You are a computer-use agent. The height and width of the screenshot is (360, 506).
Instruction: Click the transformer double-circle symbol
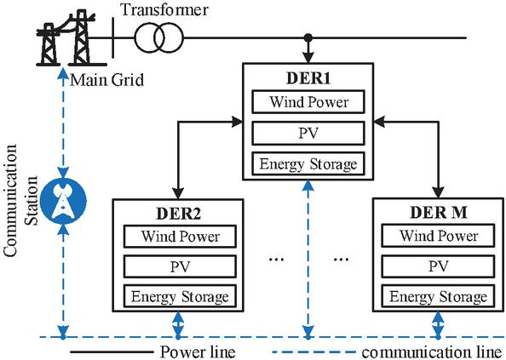click(158, 37)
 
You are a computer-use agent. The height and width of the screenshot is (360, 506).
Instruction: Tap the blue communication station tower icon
click(64, 201)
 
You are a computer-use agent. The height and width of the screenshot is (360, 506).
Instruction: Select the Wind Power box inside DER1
click(308, 102)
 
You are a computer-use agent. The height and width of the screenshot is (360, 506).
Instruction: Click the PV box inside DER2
click(180, 266)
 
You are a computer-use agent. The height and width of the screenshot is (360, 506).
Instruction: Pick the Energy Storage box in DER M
click(438, 296)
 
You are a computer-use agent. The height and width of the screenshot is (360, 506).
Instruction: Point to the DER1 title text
click(308, 78)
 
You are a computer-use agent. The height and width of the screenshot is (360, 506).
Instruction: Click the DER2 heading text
click(178, 214)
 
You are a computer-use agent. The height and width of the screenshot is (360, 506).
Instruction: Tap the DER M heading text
click(438, 213)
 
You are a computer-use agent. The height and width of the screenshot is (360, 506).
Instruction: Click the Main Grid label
click(106, 80)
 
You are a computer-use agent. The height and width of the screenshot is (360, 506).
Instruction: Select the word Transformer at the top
click(164, 9)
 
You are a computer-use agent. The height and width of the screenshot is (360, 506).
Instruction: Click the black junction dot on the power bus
click(308, 37)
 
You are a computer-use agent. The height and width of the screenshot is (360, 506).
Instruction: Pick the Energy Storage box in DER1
click(308, 163)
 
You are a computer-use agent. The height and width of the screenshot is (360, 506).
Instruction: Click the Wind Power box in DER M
click(438, 236)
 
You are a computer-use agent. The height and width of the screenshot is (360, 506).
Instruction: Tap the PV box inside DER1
click(308, 133)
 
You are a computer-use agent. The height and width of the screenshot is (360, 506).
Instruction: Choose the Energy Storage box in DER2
click(180, 296)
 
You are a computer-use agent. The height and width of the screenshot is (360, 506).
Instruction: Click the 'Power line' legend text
click(198, 352)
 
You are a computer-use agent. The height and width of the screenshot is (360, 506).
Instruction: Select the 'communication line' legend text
click(431, 352)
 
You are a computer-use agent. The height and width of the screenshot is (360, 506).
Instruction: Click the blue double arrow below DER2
click(178, 324)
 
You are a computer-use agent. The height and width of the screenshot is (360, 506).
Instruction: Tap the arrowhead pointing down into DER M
click(438, 192)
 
